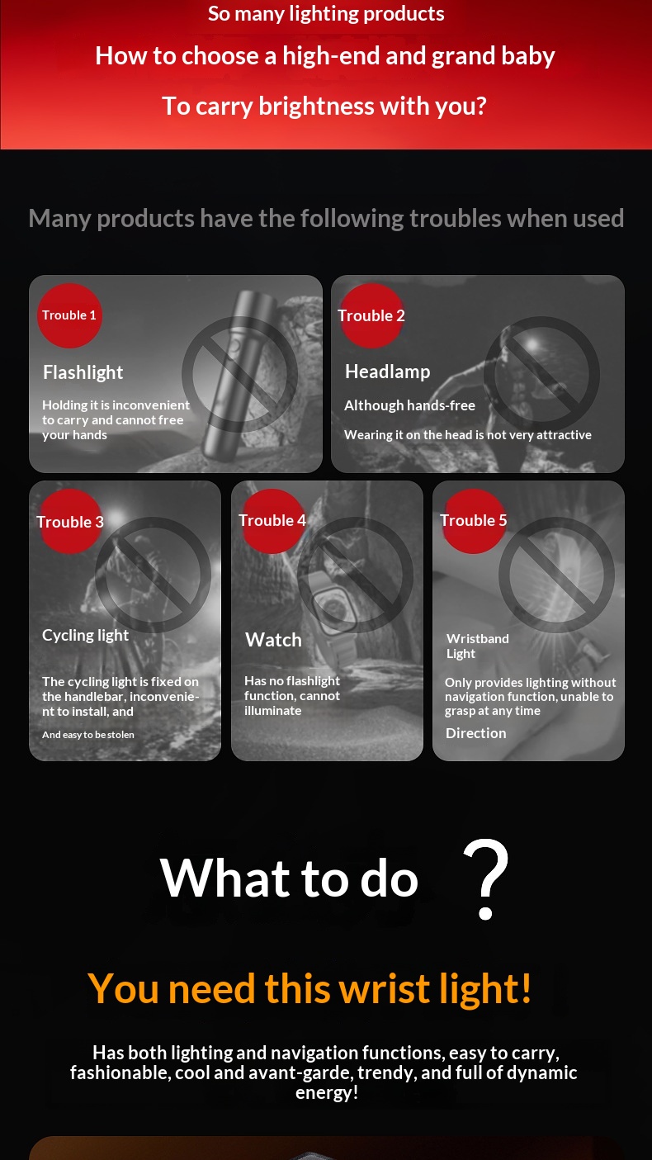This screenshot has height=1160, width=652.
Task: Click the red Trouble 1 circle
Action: click(x=69, y=315)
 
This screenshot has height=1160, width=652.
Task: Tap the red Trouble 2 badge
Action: click(x=371, y=315)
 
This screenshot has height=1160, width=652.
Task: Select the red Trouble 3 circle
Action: click(x=70, y=522)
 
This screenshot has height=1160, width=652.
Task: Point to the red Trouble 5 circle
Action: click(x=473, y=521)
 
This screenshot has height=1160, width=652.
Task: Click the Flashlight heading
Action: click(x=83, y=372)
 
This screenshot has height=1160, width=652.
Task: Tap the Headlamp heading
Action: click(x=388, y=372)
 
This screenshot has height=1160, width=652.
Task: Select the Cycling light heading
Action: click(x=85, y=636)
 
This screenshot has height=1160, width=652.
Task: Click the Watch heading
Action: click(x=273, y=640)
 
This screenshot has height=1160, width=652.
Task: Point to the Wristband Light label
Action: click(x=478, y=646)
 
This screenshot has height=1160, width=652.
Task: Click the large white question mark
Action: click(x=485, y=879)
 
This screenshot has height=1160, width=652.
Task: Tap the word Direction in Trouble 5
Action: click(x=475, y=733)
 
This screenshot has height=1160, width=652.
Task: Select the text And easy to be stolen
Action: click(x=88, y=735)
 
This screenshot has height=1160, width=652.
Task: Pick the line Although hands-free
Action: click(x=410, y=405)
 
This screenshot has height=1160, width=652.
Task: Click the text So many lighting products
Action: click(x=326, y=14)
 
